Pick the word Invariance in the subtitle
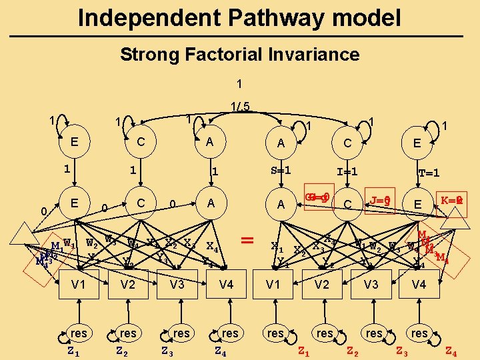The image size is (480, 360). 317,55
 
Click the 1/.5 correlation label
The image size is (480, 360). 240,106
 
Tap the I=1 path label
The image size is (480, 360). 347,171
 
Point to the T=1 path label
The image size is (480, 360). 428,173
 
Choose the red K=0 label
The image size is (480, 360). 452,199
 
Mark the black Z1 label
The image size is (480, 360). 74,349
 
